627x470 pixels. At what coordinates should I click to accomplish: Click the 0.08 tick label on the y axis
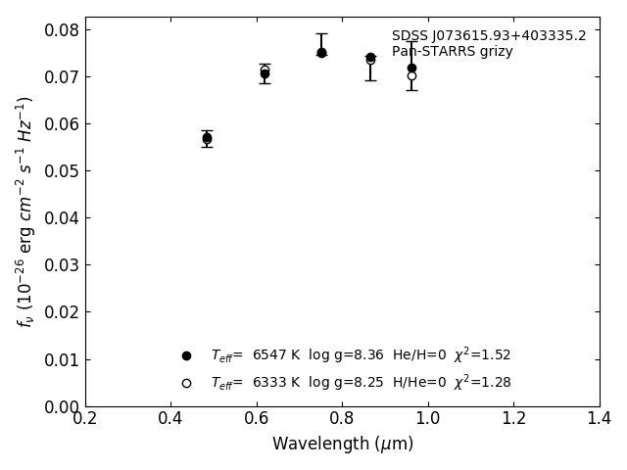tap(61, 29)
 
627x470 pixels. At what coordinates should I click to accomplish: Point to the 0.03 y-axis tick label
tap(61, 265)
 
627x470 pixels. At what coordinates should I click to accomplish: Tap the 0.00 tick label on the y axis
tap(61, 406)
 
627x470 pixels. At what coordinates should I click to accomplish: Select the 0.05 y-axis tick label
tap(61, 171)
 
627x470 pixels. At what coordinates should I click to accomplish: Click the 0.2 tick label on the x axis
tap(85, 418)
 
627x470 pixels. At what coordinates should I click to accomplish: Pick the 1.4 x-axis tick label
tap(600, 418)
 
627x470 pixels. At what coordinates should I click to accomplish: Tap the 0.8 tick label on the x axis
tap(342, 418)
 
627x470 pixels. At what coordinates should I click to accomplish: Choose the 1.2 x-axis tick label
tap(513, 418)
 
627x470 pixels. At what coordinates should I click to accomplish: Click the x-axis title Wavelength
tap(342, 444)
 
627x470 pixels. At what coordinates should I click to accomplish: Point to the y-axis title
tap(25, 211)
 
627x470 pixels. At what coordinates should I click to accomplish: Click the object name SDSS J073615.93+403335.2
tap(489, 36)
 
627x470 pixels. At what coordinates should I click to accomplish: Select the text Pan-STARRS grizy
tap(452, 52)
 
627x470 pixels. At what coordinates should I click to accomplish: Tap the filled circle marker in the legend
tap(186, 355)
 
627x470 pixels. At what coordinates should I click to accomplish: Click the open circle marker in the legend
tap(186, 383)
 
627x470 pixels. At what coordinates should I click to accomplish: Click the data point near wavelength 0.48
tap(207, 138)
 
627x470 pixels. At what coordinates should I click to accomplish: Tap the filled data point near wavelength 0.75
tap(321, 53)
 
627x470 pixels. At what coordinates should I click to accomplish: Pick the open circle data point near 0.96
tap(411, 75)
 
